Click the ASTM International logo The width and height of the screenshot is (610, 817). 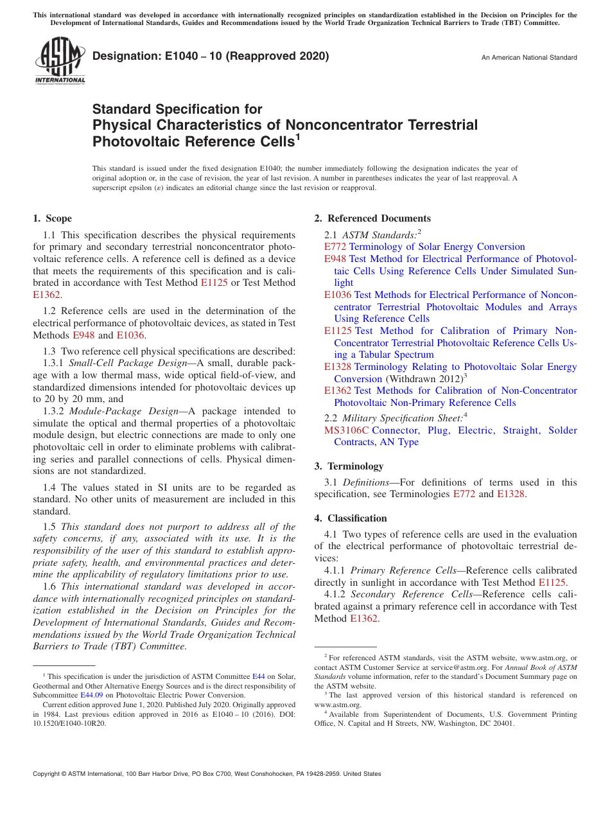click(x=60, y=61)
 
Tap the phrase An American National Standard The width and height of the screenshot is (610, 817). click(x=529, y=58)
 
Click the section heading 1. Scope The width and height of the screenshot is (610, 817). click(x=52, y=218)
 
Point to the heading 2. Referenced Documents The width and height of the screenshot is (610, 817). click(x=372, y=218)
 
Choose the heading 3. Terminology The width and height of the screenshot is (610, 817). click(x=349, y=466)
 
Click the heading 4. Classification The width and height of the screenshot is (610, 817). click(x=351, y=518)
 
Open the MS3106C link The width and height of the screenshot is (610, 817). click(x=347, y=430)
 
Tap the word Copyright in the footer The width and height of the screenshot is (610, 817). click(x=48, y=774)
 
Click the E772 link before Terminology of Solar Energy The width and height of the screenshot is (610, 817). click(x=335, y=247)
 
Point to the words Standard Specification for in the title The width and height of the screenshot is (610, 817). click(x=177, y=109)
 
